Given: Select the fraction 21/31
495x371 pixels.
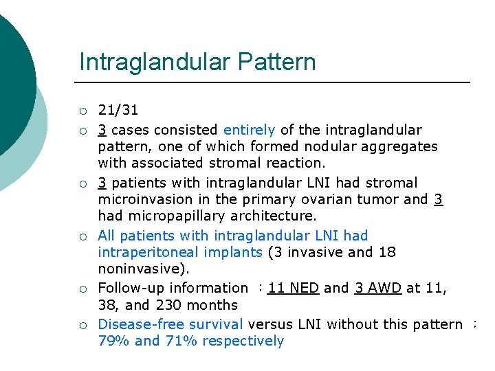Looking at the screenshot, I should (x=118, y=110).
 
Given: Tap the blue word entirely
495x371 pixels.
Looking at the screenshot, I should (x=249, y=130).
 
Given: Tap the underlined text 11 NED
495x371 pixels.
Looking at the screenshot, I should (x=294, y=289).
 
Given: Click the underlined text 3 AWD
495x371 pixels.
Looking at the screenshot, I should (x=378, y=289).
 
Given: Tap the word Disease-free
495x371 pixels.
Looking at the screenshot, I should (x=136, y=324).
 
